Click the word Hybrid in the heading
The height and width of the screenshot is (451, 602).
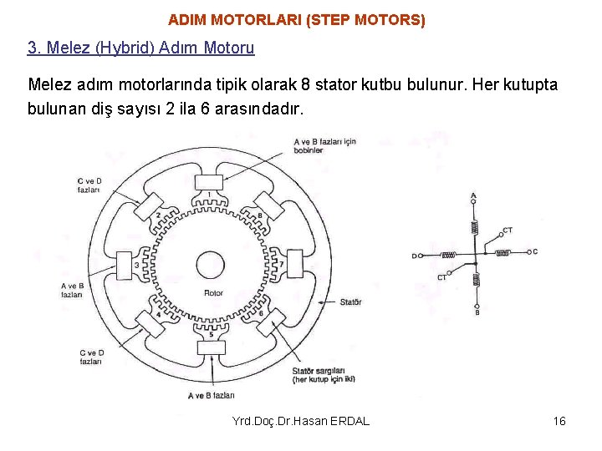pos(125,48)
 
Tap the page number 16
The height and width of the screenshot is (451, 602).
pos(559,421)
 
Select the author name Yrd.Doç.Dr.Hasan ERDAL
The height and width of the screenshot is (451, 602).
pos(301,421)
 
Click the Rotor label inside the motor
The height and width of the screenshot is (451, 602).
pos(213,293)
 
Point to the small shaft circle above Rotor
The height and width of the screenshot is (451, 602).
pos(209,266)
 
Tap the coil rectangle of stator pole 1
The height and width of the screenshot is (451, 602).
pos(208,183)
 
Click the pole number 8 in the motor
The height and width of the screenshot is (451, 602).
pos(261,216)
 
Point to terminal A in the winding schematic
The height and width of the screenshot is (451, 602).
pos(474,197)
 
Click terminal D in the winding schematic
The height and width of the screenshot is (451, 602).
pos(413,256)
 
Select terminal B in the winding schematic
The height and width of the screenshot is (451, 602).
pos(477,312)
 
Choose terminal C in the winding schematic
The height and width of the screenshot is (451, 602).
pos(533,251)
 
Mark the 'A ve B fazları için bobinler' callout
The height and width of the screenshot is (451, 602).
pos(324,146)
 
